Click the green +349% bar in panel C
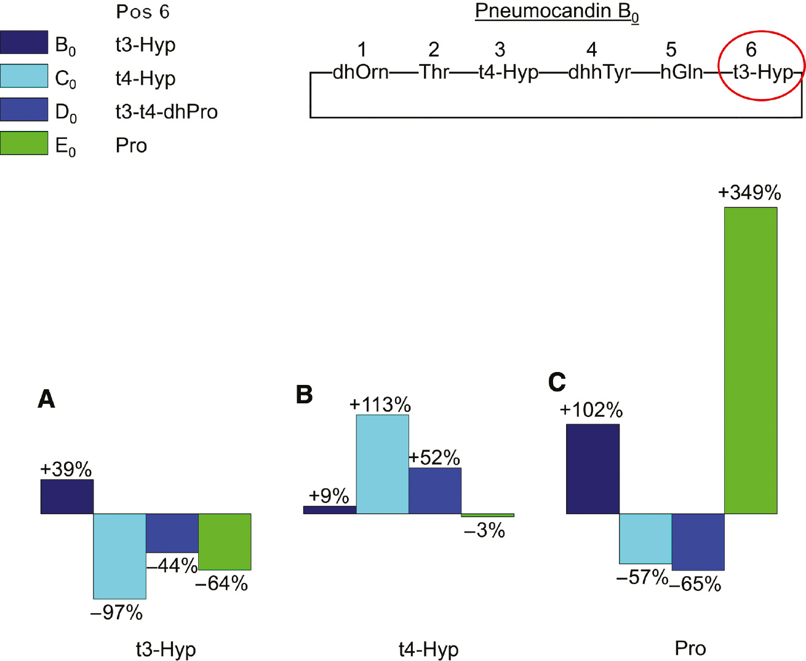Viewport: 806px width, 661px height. point(751,360)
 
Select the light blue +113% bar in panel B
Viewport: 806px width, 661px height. point(382,464)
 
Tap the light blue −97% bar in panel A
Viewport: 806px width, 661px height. point(119,556)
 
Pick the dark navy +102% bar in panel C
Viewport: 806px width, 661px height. point(593,469)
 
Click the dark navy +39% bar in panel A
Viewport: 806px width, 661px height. point(67,496)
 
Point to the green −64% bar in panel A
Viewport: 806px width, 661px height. point(225,542)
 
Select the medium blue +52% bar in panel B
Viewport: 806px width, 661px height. point(435,491)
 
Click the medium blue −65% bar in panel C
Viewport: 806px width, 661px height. point(698,542)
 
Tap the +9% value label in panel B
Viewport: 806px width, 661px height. point(329,496)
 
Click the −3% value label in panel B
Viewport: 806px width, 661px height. point(484,530)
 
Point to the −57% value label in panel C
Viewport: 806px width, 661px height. point(642,577)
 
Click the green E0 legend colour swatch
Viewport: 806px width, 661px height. point(24,143)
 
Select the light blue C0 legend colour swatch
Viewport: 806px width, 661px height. point(24,76)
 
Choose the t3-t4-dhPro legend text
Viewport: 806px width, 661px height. point(166,112)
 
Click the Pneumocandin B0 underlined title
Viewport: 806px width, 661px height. point(557,12)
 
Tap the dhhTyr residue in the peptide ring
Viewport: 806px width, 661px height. point(599,73)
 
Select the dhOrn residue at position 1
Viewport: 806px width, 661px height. point(361,73)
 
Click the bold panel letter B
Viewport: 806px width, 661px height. point(304,394)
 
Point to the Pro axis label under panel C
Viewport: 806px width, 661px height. point(690,648)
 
